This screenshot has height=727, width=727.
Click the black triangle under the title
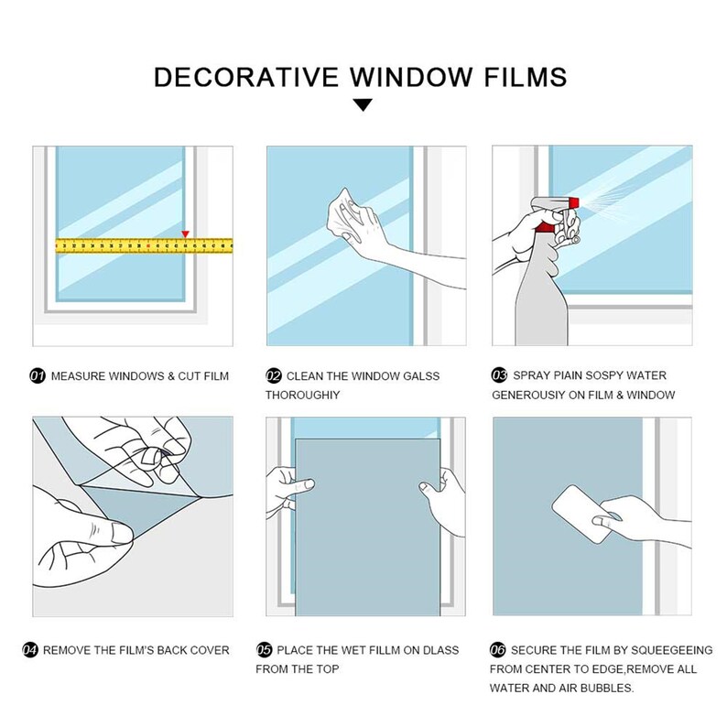pos(363,105)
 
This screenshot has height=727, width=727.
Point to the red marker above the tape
pos(186,233)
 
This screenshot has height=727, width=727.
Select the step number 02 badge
pos(274,375)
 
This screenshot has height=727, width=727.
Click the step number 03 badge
pos(500,375)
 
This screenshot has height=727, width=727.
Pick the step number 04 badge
pos(30,650)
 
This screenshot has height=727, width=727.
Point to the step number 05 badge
pos(265,650)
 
